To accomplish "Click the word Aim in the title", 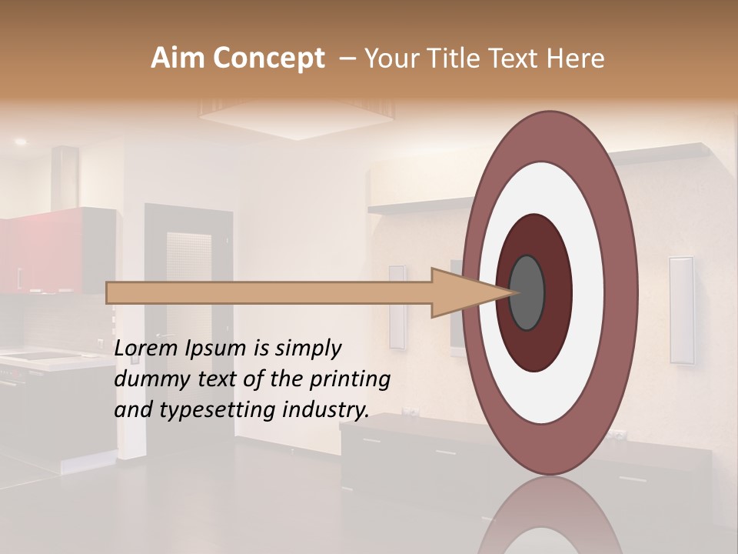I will (x=175, y=58).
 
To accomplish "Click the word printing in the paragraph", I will (x=352, y=380).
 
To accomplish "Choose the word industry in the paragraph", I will (x=326, y=410).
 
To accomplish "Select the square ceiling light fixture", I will (x=297, y=115).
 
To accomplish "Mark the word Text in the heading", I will (x=518, y=58).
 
